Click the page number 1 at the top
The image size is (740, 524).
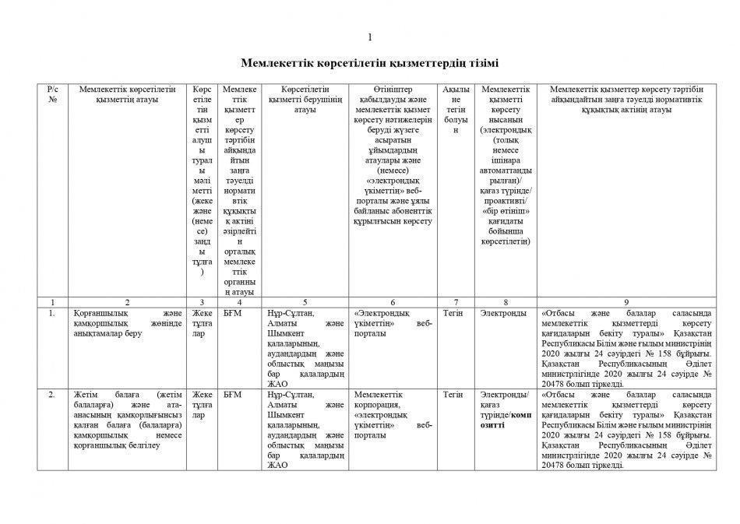tap(370, 37)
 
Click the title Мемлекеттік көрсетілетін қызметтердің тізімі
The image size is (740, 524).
tap(370, 62)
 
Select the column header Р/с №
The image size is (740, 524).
tap(52, 95)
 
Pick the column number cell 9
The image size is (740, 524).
tap(626, 302)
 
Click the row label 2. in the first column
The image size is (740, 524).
tap(52, 395)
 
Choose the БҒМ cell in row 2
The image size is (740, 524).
tap(232, 395)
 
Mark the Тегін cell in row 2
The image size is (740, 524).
tap(453, 395)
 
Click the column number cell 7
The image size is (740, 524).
tap(453, 302)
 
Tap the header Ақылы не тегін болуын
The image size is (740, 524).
tap(453, 110)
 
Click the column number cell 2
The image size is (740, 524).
tap(127, 302)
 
